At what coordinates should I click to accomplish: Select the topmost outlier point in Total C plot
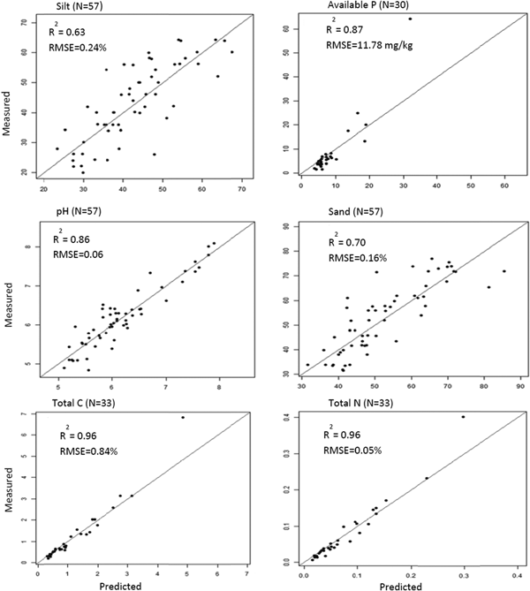click(183, 417)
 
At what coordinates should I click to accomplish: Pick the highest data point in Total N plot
click(463, 417)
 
